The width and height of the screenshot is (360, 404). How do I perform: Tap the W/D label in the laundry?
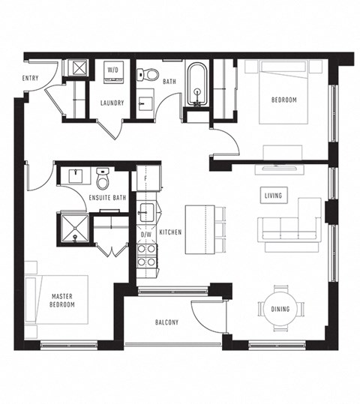point(112,70)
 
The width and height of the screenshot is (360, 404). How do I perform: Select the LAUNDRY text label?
point(112,103)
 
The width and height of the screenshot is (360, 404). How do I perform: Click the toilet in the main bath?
point(151,73)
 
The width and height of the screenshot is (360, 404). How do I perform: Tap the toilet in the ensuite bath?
point(103,179)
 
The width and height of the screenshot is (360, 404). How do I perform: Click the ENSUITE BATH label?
point(106,198)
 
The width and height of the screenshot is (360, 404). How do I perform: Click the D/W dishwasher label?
point(146,235)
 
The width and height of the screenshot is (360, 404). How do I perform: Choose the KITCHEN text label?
point(170,233)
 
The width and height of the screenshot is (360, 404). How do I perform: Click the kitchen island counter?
point(199,229)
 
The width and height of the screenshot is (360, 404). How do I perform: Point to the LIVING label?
point(273,196)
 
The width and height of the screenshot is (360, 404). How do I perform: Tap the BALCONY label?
point(166,322)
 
